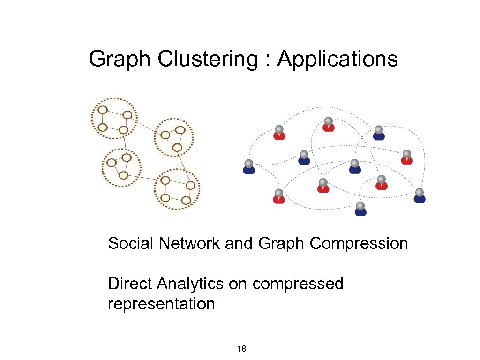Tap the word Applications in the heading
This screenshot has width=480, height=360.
[337, 60]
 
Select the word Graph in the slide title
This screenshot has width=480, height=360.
[120, 60]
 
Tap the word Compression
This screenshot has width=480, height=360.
[359, 244]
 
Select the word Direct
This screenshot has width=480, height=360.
[130, 284]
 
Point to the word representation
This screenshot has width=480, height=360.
[161, 304]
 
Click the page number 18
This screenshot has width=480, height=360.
[242, 349]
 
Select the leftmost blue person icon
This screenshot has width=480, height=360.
[249, 167]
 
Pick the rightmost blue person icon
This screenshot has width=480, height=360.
[420, 195]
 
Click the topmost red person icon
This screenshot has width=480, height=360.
[329, 124]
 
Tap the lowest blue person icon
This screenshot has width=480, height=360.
[360, 209]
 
